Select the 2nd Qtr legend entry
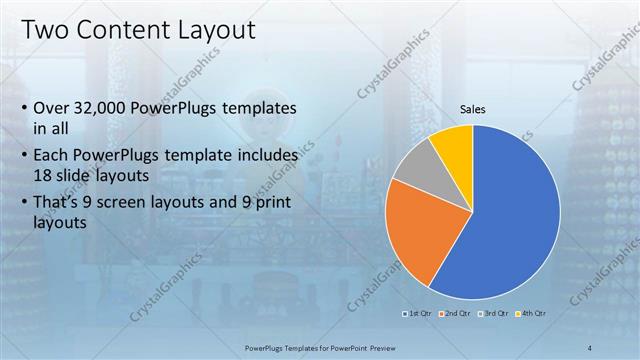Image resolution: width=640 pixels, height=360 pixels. (457, 313)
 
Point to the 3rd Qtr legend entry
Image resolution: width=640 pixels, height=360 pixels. (494, 313)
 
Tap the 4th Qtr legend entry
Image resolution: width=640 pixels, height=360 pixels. (532, 313)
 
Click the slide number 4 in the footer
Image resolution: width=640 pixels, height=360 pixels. (591, 346)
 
